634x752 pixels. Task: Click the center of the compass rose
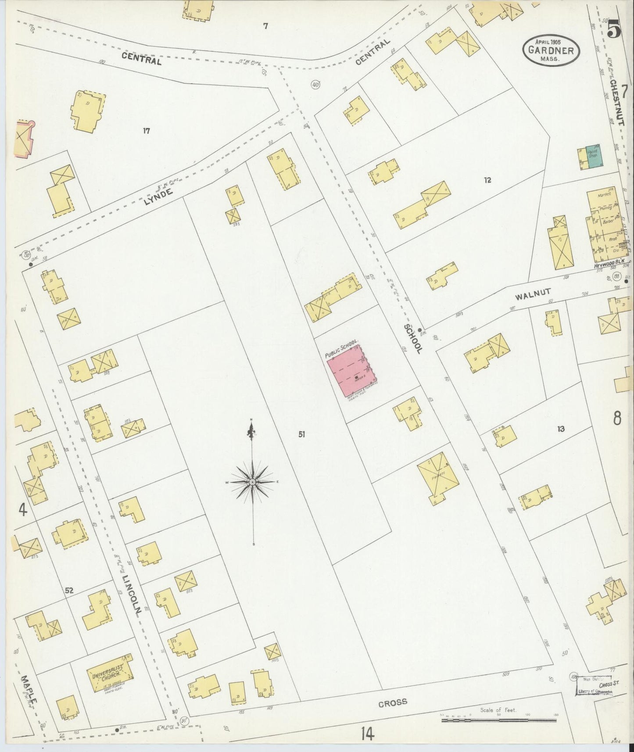tap(253, 482)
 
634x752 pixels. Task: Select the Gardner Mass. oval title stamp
tap(551, 50)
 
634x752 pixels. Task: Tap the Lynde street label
tap(158, 197)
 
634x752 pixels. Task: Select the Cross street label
tap(393, 702)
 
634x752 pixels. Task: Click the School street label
tap(414, 339)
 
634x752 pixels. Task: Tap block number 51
tap(301, 434)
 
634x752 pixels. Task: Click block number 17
tap(146, 130)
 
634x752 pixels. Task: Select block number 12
tap(487, 179)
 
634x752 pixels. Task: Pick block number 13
tap(561, 429)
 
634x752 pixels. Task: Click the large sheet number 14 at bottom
tap(368, 733)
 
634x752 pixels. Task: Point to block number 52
tap(69, 591)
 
